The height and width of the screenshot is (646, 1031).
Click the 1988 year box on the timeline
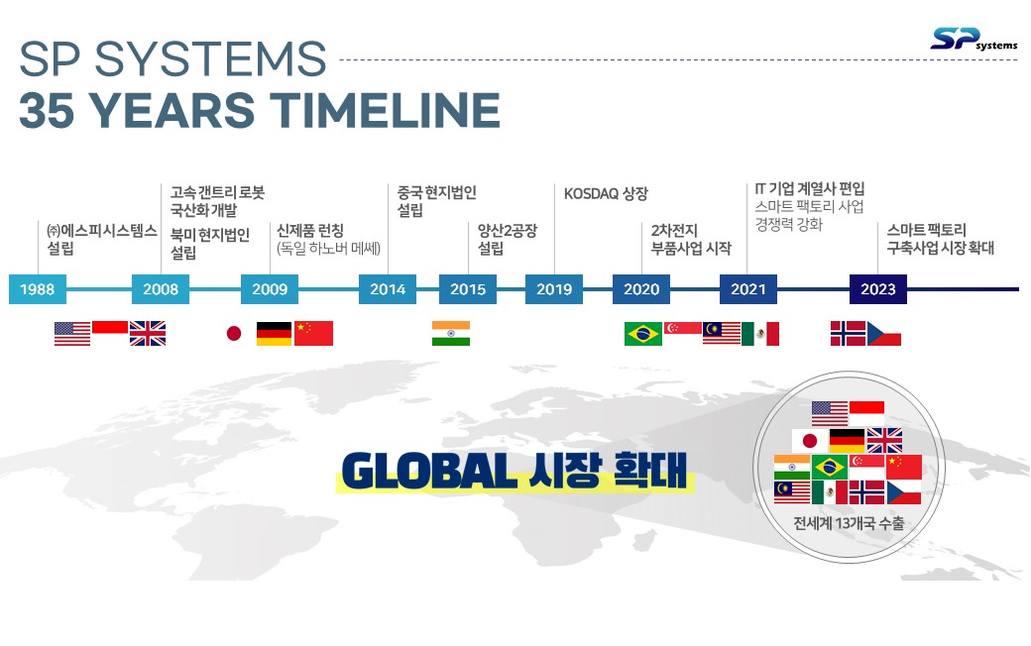(x=38, y=289)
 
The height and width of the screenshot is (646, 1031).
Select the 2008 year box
(x=161, y=289)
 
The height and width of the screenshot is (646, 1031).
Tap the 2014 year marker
(x=388, y=289)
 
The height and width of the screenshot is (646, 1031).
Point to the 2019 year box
(x=553, y=289)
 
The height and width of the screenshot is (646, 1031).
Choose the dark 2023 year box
(x=877, y=289)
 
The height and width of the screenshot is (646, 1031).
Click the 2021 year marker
(x=748, y=289)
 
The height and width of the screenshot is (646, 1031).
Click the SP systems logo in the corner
(x=974, y=40)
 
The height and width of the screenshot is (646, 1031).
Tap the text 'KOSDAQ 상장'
(x=606, y=194)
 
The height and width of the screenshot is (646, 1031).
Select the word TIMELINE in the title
(x=385, y=110)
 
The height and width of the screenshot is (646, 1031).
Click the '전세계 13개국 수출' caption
(x=849, y=523)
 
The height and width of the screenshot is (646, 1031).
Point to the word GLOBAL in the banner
(x=428, y=472)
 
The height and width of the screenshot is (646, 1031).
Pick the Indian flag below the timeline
(x=451, y=333)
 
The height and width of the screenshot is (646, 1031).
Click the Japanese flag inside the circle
(x=809, y=440)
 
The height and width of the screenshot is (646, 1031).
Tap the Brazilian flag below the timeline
(x=643, y=334)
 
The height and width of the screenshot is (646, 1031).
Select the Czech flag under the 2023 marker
(x=883, y=334)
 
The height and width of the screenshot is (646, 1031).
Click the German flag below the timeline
(x=274, y=334)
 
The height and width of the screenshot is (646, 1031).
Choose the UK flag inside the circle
(x=884, y=440)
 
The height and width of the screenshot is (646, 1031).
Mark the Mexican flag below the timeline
(x=760, y=334)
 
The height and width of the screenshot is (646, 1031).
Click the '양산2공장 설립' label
(x=507, y=239)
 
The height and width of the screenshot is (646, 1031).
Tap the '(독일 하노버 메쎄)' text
(x=329, y=249)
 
